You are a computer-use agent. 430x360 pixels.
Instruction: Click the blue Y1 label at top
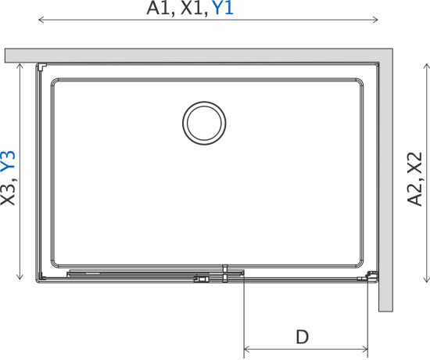click(x=223, y=9)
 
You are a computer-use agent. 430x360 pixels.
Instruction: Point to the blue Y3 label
click(x=9, y=162)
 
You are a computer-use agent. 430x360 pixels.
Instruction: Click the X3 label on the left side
click(x=9, y=193)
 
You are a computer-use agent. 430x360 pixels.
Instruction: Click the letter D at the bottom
click(x=303, y=337)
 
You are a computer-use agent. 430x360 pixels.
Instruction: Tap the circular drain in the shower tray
click(x=204, y=123)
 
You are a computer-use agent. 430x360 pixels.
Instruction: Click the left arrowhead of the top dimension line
click(x=41, y=20)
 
